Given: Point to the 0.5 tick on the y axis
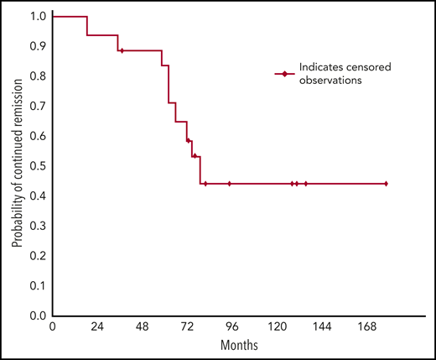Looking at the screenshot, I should coord(38,166).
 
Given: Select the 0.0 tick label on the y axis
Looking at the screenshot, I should coord(38,316).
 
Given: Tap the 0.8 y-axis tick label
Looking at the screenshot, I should coord(38,76).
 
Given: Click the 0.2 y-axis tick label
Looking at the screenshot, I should coord(38,256).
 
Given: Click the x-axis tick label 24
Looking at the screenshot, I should coord(97,328).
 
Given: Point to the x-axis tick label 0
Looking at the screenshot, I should coord(52,328).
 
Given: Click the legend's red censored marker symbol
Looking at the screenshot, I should coord(285,74).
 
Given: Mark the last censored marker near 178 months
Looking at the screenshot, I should coord(386,183).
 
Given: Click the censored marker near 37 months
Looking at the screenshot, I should coord(122,50).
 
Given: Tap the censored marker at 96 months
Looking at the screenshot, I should coord(230,183).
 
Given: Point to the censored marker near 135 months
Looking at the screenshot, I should coord(305,183).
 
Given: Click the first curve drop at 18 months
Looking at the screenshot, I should coord(86,26).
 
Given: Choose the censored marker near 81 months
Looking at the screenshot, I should coord(205,183).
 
